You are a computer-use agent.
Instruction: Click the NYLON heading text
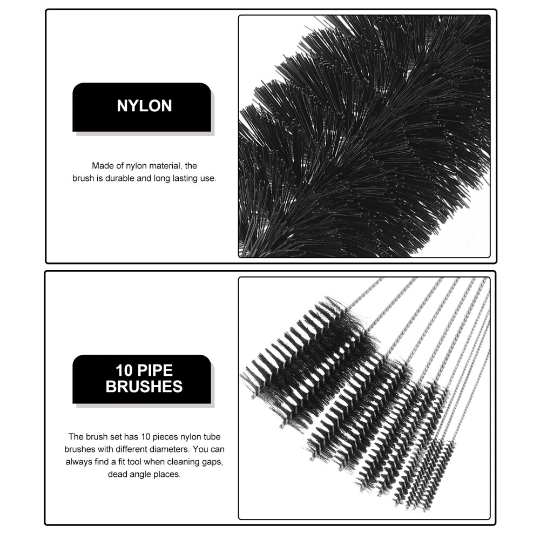[x=144, y=106]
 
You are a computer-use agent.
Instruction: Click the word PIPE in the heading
[x=154, y=370]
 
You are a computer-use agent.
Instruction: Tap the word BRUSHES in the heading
[x=144, y=387]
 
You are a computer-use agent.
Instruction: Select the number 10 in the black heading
[x=124, y=370]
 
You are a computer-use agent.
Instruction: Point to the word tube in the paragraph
[x=212, y=437]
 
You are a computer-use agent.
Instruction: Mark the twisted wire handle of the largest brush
[x=363, y=293]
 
